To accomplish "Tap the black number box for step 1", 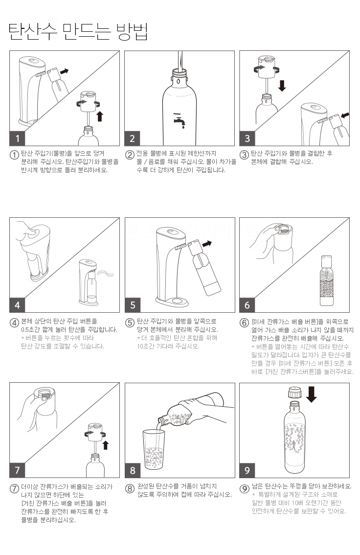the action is (x=17, y=138).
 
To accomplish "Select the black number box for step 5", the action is (x=133, y=305).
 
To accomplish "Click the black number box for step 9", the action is (x=247, y=470).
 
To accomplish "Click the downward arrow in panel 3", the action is (x=282, y=85).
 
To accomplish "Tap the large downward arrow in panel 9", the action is (x=311, y=394).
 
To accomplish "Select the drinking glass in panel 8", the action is (x=154, y=449).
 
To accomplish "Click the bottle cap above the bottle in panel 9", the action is (x=295, y=393).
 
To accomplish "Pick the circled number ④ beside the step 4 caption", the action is (x=14, y=323).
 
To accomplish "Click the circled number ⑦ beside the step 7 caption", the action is (x=14, y=488).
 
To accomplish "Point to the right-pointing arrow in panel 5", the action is (x=207, y=244).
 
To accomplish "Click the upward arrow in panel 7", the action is (x=105, y=445).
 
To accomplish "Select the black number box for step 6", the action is (x=247, y=305).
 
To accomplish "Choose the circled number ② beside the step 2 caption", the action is (x=130, y=155).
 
